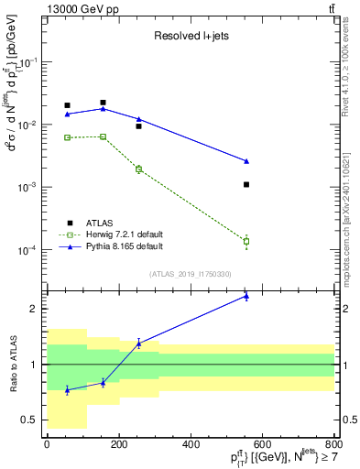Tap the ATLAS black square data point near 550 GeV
[x=246, y=184]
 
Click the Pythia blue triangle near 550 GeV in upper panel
[x=246, y=161]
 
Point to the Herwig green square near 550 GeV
[x=246, y=242]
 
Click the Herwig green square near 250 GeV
[x=138, y=169]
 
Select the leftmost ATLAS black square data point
[x=67, y=105]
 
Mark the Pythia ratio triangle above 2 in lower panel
[x=246, y=296]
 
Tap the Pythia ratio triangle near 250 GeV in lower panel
[x=138, y=344]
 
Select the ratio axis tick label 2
[x=34, y=309]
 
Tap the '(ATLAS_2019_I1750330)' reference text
[x=190, y=274]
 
